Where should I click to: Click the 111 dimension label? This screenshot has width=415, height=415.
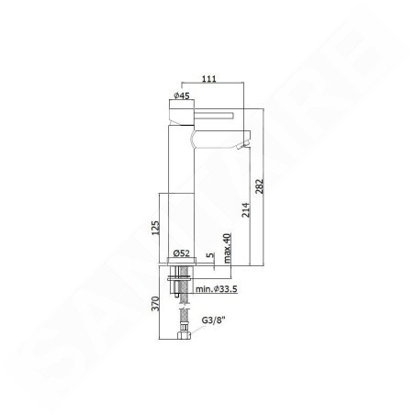coord(209,79)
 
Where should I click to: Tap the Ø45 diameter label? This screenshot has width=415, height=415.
coord(182,95)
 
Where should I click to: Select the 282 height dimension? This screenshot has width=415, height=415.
coord(259,186)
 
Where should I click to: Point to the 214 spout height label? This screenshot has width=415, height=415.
coord(246,210)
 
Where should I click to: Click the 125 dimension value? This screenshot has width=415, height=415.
coord(156,228)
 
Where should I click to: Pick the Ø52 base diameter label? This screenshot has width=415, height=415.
coord(182,253)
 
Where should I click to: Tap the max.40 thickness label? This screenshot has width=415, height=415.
coord(227,248)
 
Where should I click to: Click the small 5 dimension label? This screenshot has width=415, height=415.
coord(210,255)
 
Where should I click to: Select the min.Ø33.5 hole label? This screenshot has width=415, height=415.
coord(217,289)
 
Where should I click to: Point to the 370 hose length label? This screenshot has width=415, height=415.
coord(156,303)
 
